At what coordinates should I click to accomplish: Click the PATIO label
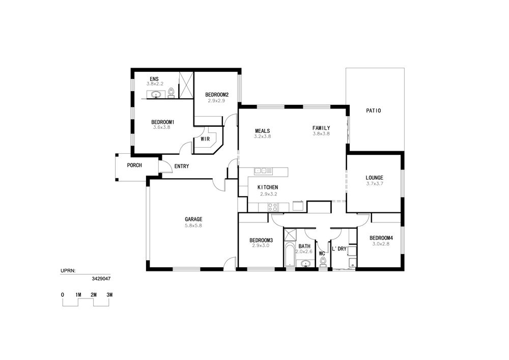click(x=373, y=110)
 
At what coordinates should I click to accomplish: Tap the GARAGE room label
click(x=193, y=219)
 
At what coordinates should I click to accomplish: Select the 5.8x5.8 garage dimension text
click(x=193, y=225)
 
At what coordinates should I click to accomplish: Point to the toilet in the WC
click(x=323, y=261)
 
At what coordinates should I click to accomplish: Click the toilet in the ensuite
click(x=172, y=93)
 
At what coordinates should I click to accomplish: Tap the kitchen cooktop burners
click(x=273, y=207)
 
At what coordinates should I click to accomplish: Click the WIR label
click(x=205, y=139)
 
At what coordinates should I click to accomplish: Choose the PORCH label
click(x=134, y=165)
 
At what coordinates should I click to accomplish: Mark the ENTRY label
click(x=182, y=166)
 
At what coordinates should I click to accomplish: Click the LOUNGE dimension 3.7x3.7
click(x=375, y=183)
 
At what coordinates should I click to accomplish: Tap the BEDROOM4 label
click(x=379, y=238)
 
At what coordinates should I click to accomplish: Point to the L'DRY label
click(x=339, y=249)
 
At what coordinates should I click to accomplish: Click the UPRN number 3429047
click(x=101, y=279)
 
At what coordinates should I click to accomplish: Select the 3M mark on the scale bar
click(x=109, y=295)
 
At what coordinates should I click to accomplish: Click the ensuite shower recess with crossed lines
click(x=186, y=85)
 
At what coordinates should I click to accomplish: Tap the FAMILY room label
click(x=321, y=128)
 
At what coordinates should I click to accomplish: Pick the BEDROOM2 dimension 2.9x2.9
click(x=216, y=101)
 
